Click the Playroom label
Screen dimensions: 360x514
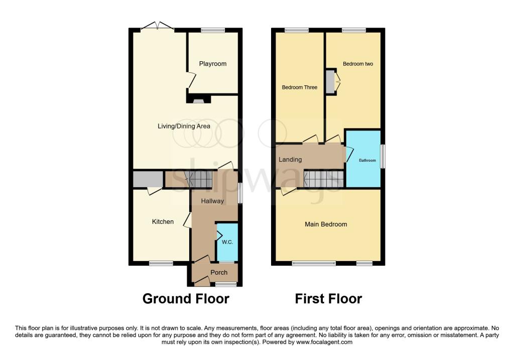click(212, 64)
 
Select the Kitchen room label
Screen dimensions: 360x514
click(163, 221)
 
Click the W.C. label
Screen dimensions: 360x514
click(227, 242)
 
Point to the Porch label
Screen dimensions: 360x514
click(219, 273)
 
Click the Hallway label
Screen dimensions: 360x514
click(212, 201)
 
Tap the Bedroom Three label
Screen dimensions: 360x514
click(299, 87)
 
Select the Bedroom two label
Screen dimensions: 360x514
click(357, 64)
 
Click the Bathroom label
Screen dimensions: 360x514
click(366, 161)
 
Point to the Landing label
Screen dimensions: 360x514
click(290, 160)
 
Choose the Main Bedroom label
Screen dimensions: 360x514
click(326, 224)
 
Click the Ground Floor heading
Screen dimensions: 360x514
click(186, 299)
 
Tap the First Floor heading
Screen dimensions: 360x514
click(328, 299)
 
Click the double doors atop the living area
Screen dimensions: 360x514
click(158, 27)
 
